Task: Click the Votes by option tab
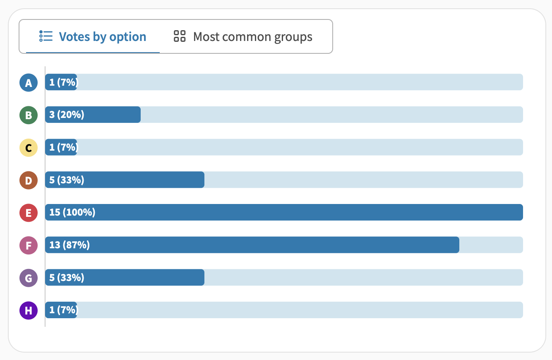tap(93, 36)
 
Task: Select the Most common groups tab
tap(243, 36)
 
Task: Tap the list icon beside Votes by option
tap(46, 36)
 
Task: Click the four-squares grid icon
tap(180, 36)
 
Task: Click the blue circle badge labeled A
tap(29, 82)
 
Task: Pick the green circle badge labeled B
tap(29, 115)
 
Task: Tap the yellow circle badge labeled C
tap(29, 148)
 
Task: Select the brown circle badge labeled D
tap(29, 180)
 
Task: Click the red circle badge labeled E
tap(29, 213)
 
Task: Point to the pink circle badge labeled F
tap(29, 245)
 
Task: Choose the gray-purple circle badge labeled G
tap(29, 278)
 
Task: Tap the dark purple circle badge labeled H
tap(29, 310)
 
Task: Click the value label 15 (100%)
tap(72, 212)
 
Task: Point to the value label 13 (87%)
tap(70, 245)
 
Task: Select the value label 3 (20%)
tap(67, 115)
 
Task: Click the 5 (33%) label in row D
tap(67, 180)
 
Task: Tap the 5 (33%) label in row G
tap(67, 277)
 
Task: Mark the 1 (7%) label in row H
tap(64, 310)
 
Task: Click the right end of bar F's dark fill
tap(459, 245)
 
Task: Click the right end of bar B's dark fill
tap(140, 115)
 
